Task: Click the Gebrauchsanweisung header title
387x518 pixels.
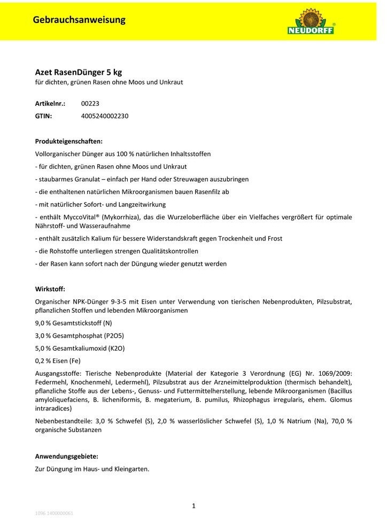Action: click(x=79, y=20)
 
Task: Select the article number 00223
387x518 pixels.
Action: click(x=90, y=104)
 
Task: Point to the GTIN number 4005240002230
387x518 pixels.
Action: click(x=105, y=115)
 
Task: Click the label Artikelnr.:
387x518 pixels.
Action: click(x=50, y=104)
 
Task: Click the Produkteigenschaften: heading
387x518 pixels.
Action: click(x=68, y=141)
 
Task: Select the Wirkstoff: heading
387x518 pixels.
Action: click(x=50, y=289)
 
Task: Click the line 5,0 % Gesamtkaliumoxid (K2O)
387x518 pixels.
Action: click(x=76, y=348)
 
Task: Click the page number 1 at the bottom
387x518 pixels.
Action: click(x=193, y=505)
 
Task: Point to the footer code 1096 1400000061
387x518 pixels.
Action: click(x=54, y=513)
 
